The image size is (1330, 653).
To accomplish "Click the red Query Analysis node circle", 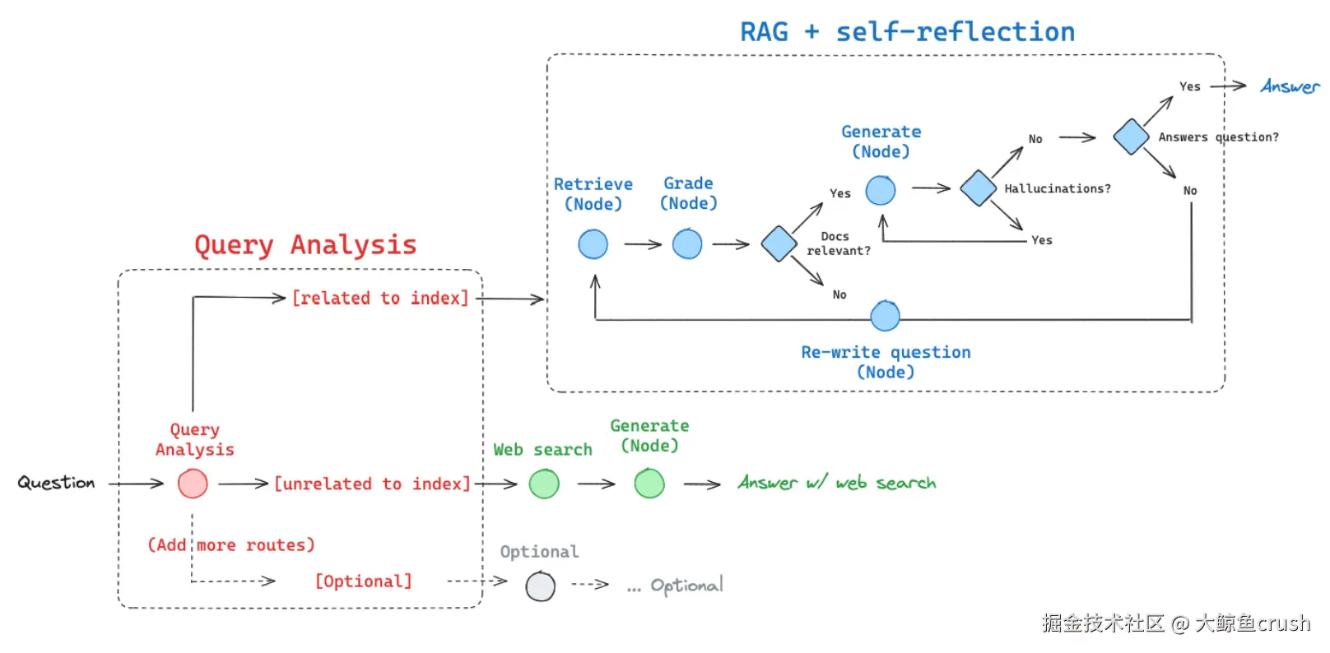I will pos(193,484).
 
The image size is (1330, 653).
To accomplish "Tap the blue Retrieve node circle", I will pos(593,244).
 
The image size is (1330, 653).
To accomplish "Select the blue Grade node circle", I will pos(687,244).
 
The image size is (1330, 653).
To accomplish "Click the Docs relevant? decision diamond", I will pos(779,244).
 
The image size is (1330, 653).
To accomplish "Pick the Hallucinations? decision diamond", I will pos(979,188).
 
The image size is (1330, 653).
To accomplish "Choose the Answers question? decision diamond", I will pos(1132,137).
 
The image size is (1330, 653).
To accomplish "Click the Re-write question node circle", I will pos(886,316).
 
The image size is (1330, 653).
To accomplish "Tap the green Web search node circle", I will pos(544,484).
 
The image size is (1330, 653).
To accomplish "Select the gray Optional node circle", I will pos(541,586).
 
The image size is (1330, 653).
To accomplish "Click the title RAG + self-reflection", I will pos(907,32).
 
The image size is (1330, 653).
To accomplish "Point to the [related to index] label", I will pos(380,299).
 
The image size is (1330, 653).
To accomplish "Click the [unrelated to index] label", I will pos(372,484).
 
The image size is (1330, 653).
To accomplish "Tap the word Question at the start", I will pos(56,483).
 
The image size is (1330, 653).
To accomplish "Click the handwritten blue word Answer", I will pos(1289,86).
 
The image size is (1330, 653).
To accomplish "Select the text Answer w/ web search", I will pos(836,483).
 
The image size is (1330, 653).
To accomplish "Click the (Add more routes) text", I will pos(231,545).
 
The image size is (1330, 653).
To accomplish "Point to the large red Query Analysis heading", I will pos(305,245).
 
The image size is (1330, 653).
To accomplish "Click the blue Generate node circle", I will pos(881,190).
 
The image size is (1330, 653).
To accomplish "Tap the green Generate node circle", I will pos(649,484).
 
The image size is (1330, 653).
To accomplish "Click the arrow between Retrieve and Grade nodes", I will pos(643,244).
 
